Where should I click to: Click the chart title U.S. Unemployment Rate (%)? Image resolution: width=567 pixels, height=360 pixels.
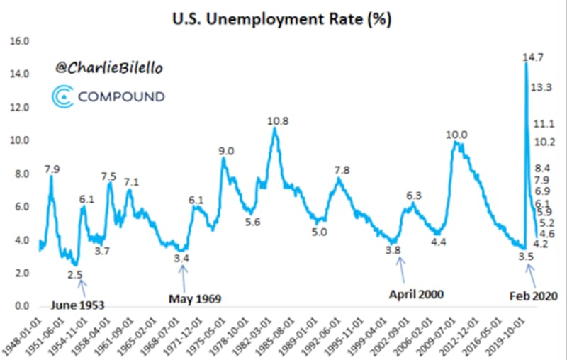coord(283,17)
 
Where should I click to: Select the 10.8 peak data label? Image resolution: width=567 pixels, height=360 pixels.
coord(278,121)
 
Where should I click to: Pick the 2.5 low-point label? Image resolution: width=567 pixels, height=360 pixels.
coord(75,274)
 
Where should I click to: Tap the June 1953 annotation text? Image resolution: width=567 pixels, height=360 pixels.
coord(78,305)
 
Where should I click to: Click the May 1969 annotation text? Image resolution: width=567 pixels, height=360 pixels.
coord(195,298)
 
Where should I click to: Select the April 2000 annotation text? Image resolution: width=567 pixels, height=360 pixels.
coord(417,293)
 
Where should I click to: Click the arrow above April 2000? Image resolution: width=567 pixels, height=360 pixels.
coord(402,270)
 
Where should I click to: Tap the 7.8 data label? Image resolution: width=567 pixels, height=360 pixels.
coord(342,170)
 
